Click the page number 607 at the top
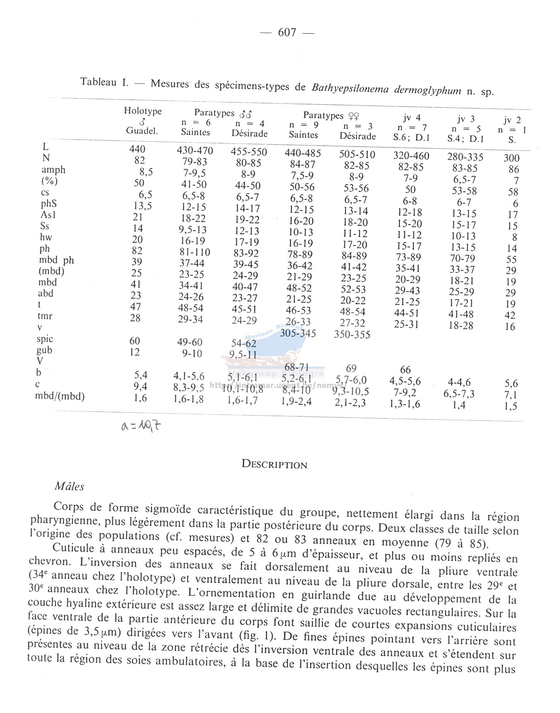287,32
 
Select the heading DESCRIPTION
274,464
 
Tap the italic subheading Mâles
69,486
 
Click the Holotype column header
143,111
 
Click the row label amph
54,170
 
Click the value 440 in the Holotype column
137,149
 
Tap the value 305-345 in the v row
298,333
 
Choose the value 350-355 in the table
352,334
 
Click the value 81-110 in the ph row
195,252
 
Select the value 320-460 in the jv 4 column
411,156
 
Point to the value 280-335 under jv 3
465,157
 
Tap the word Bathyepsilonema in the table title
343,88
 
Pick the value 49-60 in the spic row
190,342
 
